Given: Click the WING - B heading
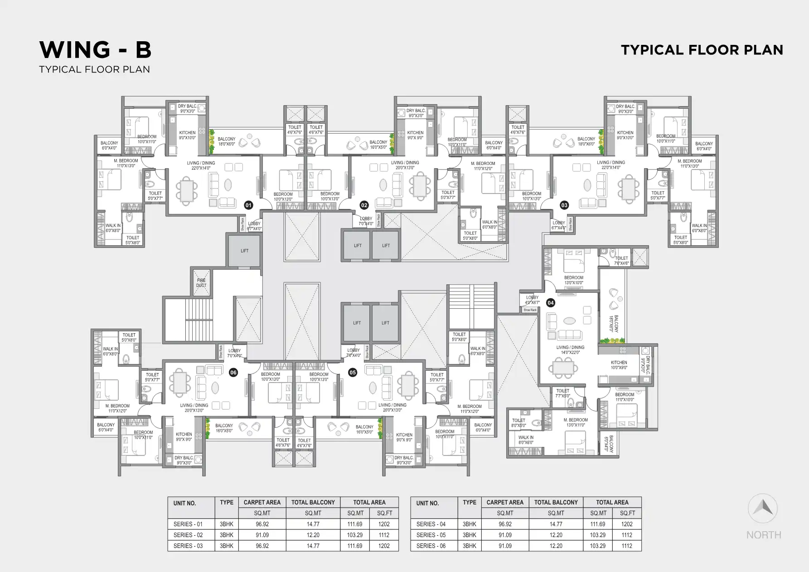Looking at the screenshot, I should (x=95, y=50).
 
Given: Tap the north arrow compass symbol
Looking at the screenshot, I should (x=763, y=509).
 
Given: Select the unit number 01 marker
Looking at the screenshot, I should (x=248, y=205).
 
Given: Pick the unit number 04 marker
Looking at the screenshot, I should (x=551, y=303).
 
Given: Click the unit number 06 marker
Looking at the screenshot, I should (x=233, y=373).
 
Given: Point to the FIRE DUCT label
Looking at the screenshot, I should (x=201, y=283).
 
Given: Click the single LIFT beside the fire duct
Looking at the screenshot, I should (x=244, y=251).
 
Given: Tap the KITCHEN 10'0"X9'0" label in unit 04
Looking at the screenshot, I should (x=619, y=365).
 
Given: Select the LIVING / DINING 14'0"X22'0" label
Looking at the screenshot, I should (x=570, y=350).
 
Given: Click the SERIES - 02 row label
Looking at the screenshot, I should (x=188, y=535).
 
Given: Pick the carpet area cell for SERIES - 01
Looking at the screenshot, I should (x=262, y=524).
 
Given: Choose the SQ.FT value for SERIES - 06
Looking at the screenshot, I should (x=627, y=546).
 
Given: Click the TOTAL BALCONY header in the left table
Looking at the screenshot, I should (x=313, y=502).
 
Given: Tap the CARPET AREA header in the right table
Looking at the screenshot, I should (x=505, y=502).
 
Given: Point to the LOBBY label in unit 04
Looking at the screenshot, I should (x=532, y=300).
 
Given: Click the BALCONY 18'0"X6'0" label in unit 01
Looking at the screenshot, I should (x=227, y=141).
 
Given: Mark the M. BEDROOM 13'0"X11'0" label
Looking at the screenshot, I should (x=576, y=422).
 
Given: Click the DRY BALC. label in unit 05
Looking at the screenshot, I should (x=403, y=460).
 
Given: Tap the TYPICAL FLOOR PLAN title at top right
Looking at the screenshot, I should (x=702, y=50).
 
